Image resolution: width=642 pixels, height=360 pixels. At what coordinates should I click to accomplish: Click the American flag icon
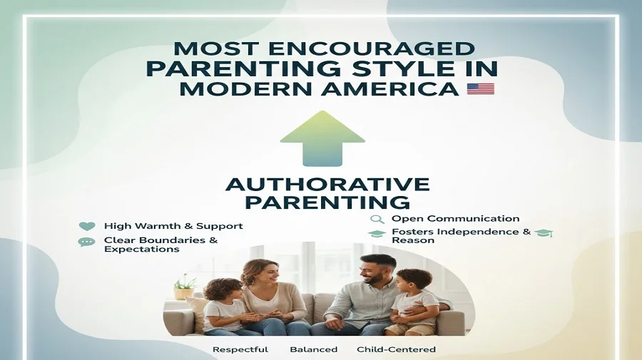pyautogui.click(x=480, y=89)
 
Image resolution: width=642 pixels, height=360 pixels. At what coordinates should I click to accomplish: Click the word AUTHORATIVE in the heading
pyautogui.click(x=327, y=184)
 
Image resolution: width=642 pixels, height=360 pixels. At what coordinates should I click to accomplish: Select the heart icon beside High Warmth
pyautogui.click(x=87, y=227)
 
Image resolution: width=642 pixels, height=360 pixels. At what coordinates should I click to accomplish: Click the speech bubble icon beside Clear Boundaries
pyautogui.click(x=87, y=242)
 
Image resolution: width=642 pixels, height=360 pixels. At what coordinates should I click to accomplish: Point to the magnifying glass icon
pyautogui.click(x=377, y=219)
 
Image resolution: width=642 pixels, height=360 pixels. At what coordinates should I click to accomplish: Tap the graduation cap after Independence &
pyautogui.click(x=544, y=234)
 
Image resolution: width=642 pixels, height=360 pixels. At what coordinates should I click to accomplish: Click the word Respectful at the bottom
pyautogui.click(x=240, y=349)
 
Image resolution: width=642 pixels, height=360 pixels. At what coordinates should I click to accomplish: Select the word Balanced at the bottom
pyautogui.click(x=312, y=349)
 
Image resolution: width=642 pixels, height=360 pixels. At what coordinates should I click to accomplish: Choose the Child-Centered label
pyautogui.click(x=396, y=349)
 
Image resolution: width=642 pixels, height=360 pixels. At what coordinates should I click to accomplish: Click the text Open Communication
pyautogui.click(x=455, y=219)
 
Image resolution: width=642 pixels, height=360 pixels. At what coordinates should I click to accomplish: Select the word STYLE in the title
pyautogui.click(x=374, y=70)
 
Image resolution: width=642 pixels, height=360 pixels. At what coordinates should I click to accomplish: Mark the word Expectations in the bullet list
pyautogui.click(x=141, y=250)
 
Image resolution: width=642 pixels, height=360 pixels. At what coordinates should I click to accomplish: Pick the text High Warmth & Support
pyautogui.click(x=173, y=226)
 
